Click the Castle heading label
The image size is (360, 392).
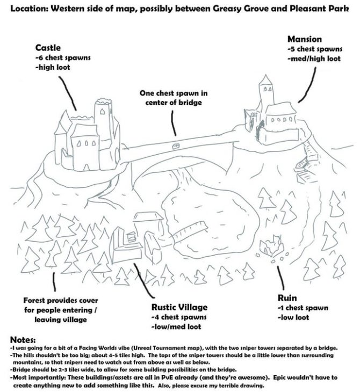pos(48,47)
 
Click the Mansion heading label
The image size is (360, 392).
pos(305,39)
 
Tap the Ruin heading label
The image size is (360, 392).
pos(287,297)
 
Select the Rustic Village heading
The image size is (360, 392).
pos(179,307)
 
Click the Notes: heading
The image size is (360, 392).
pos(23,340)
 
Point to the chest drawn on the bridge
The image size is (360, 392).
pos(176,146)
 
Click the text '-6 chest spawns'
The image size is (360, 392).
pos(63,57)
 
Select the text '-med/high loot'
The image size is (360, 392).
pos(314,59)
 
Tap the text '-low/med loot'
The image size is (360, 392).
pos(176,326)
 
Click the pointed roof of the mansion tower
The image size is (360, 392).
pos(265,80)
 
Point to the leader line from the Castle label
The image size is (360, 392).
pos(68,93)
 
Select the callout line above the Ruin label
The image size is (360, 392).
pos(280,278)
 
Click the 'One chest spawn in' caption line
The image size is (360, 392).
pos(174,93)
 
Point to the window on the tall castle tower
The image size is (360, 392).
pos(102,112)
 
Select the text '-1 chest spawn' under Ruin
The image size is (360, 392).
pos(303,308)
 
